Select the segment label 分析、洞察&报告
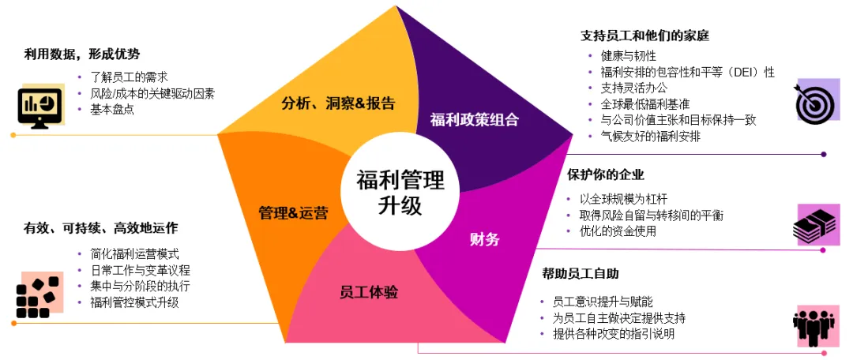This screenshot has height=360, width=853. click(x=338, y=103)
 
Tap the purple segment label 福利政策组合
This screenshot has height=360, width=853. click(x=474, y=120)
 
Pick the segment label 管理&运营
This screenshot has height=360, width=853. click(x=293, y=213)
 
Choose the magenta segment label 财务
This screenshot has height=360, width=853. click(x=484, y=239)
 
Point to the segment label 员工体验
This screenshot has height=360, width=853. click(x=369, y=293)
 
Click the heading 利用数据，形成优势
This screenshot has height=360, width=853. click(x=82, y=54)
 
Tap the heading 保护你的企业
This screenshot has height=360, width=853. click(x=606, y=174)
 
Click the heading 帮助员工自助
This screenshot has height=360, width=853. click(x=581, y=274)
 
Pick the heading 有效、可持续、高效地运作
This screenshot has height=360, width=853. click(x=101, y=228)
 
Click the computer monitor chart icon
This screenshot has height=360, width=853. click(x=39, y=106)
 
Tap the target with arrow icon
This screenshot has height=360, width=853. click(x=815, y=100)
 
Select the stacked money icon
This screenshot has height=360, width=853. click(x=815, y=224)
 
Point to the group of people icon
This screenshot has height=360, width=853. click(x=815, y=324)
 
